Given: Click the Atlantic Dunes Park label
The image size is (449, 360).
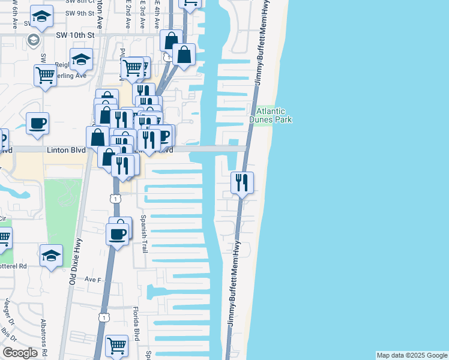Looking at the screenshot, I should pyautogui.click(x=274, y=115).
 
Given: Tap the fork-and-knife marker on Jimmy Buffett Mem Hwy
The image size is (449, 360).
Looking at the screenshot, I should pyautogui.click(x=242, y=182).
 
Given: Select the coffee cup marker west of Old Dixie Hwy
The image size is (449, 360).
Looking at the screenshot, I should pyautogui.click(x=37, y=124).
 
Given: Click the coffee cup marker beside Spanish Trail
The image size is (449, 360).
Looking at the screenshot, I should pyautogui.click(x=117, y=233).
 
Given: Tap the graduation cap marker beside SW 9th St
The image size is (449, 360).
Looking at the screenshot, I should pyautogui.click(x=41, y=17).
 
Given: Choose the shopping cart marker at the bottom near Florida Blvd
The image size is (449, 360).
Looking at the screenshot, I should pyautogui.click(x=116, y=346).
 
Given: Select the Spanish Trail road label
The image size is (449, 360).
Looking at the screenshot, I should pyautogui.click(x=144, y=234).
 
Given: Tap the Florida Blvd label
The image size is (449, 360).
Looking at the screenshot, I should pyautogui.click(x=137, y=323).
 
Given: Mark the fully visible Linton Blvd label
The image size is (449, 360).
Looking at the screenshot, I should pyautogui.click(x=66, y=150).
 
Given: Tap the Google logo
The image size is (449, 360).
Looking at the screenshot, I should pyautogui.click(x=20, y=353).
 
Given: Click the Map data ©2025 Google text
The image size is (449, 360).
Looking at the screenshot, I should pyautogui.click(x=412, y=355).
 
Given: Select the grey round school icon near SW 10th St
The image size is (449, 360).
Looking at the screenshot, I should pyautogui.click(x=34, y=41).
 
